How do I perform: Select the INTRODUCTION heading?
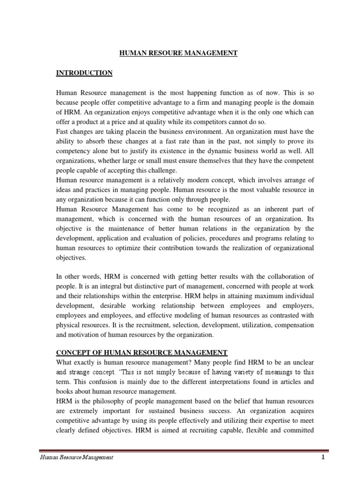coord(84,73)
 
